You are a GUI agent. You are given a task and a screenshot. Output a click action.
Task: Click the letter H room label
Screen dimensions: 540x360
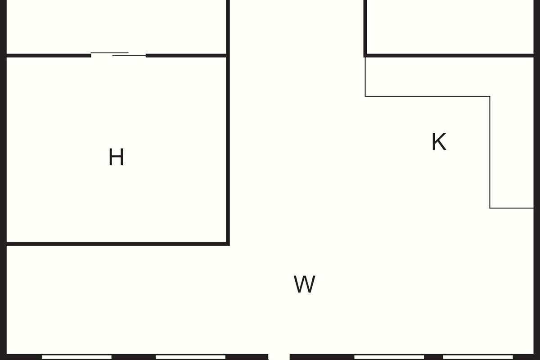(116, 157)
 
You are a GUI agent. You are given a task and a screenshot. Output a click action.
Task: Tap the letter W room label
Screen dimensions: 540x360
(304, 284)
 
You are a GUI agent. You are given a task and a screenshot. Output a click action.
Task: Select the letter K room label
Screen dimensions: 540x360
(439, 142)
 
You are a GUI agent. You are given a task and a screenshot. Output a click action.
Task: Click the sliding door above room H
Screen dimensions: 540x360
(118, 54)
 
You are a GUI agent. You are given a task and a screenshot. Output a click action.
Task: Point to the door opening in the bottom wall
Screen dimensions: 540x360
(279, 357)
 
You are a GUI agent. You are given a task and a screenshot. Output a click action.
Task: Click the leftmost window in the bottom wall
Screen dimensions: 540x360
(76, 357)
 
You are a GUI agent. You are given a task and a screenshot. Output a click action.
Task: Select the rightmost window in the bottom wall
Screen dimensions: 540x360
(478, 357)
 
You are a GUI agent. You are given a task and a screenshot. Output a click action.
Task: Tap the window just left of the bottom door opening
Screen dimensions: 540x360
(190, 357)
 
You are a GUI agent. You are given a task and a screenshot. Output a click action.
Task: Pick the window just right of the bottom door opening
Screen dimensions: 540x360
(389, 357)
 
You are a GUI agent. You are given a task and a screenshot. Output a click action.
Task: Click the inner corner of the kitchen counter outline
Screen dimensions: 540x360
(490, 96)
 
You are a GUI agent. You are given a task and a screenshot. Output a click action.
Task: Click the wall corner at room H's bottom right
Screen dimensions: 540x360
(228, 244)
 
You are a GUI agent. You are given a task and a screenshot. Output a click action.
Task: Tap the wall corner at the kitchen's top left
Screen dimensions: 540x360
(365, 56)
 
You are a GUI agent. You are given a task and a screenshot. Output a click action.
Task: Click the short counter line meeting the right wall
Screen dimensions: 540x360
(512, 208)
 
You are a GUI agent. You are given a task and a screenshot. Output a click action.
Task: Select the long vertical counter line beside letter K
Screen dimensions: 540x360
(490, 152)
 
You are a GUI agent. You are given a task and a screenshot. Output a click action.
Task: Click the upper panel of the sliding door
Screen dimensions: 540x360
(109, 53)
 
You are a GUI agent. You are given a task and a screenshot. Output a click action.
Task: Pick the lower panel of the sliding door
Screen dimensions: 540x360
(129, 56)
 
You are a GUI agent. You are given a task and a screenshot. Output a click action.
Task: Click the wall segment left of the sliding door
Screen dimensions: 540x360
(49, 56)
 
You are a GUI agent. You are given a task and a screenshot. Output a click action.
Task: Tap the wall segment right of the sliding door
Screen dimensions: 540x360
(186, 56)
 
